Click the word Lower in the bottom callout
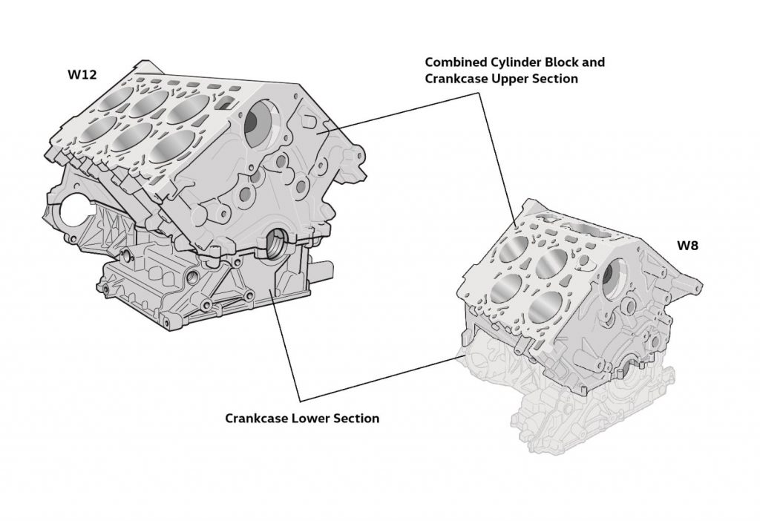point(307,419)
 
